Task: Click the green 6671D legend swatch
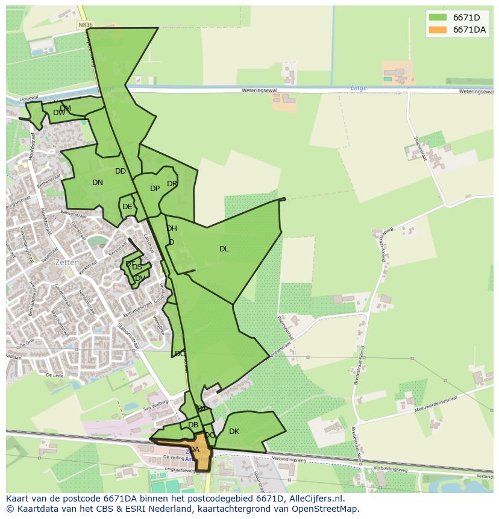pos(438,17)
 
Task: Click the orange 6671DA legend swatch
pos(438,30)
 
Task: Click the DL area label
pos(224,248)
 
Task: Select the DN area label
pos(97,183)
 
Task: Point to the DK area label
pos(234,432)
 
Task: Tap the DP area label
pos(155,189)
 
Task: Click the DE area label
pos(127,207)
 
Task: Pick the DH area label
pos(172,228)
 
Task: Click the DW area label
pos(58,113)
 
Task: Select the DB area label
pos(193,425)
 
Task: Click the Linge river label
pos(358,88)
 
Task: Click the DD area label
pos(121,171)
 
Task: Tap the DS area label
pos(137,267)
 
